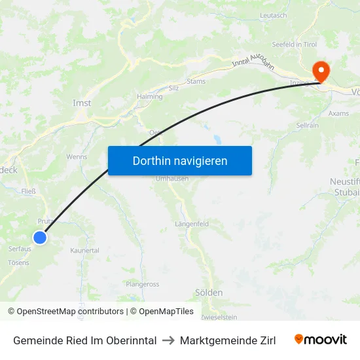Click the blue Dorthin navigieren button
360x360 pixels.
pyautogui.click(x=180, y=160)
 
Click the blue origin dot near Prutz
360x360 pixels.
pyautogui.click(x=41, y=238)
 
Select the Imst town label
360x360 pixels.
pyautogui.click(x=82, y=103)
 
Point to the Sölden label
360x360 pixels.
pyautogui.click(x=209, y=293)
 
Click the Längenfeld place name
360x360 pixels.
pyautogui.click(x=192, y=224)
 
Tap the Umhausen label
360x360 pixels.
pyautogui.click(x=172, y=179)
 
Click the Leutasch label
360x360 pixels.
pyautogui.click(x=273, y=15)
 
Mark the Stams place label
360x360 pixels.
pyautogui.click(x=196, y=82)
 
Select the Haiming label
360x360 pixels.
pyautogui.click(x=150, y=96)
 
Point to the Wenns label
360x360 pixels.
pyautogui.click(x=77, y=157)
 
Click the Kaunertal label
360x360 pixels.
pyautogui.click(x=84, y=251)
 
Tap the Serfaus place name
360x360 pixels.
pyautogui.click(x=20, y=249)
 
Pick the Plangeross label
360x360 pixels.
pyautogui.click(x=143, y=284)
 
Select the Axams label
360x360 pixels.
pyautogui.click(x=338, y=113)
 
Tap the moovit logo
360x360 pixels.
pyautogui.click(x=321, y=340)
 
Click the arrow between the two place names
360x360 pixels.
pyautogui.click(x=168, y=340)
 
